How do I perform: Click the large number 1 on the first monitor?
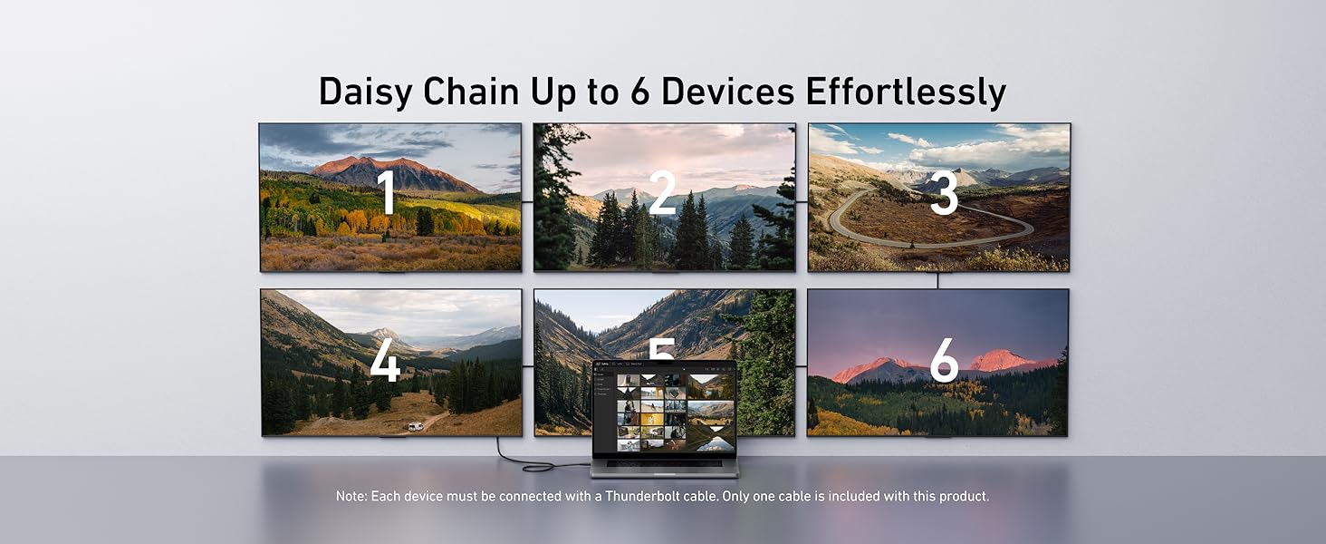(x=388, y=191)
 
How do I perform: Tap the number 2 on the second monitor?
(x=662, y=191)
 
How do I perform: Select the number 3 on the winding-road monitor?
(x=944, y=192)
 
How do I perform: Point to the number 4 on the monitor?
(x=385, y=359)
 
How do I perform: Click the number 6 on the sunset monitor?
(x=944, y=360)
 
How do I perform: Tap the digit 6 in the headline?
(x=640, y=92)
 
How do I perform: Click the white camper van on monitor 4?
(x=416, y=426)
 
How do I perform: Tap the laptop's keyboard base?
(x=665, y=467)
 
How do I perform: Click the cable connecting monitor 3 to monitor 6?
(x=937, y=280)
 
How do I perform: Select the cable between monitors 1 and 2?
(x=527, y=201)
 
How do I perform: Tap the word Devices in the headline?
(x=727, y=92)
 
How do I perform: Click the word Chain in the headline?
(x=471, y=92)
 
